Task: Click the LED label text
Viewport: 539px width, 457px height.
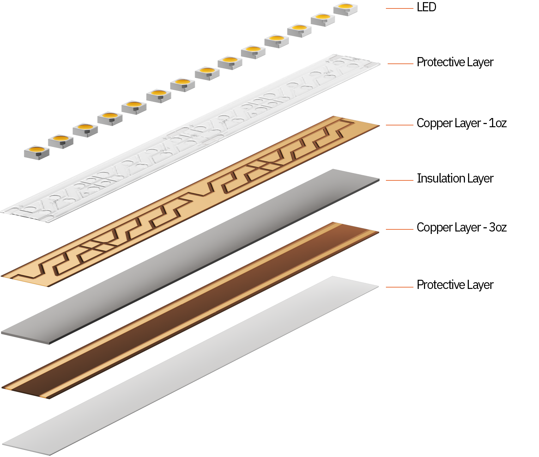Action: point(426,7)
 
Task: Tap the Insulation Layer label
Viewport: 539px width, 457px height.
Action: point(455,179)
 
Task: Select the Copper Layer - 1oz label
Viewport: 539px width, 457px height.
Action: point(461,123)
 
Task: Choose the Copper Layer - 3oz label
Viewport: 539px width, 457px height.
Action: point(461,228)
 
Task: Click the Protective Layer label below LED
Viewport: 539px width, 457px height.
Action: point(455,62)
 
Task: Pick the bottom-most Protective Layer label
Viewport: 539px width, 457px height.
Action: point(455,285)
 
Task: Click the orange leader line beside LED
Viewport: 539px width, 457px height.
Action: point(399,8)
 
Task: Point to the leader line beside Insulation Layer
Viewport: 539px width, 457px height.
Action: point(399,180)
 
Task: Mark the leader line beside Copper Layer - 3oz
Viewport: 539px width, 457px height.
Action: point(399,229)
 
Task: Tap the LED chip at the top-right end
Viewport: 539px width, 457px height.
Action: point(345,9)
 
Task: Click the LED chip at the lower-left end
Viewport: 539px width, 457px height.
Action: point(37,152)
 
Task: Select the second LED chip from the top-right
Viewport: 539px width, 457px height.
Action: point(322,19)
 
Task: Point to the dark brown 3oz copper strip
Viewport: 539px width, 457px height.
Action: point(190,310)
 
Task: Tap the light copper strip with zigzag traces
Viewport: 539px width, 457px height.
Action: point(190,201)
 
